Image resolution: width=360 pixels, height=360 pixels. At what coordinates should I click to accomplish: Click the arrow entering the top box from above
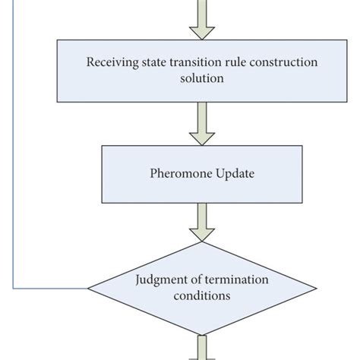[x=201, y=19]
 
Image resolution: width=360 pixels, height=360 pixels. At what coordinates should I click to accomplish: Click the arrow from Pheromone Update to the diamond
[x=201, y=221]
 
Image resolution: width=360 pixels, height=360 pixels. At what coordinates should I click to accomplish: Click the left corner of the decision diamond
[x=89, y=289]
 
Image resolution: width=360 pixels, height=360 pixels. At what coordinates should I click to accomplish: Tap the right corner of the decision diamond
[x=314, y=289]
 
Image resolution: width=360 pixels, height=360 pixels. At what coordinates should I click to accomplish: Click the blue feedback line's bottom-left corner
[x=14, y=289]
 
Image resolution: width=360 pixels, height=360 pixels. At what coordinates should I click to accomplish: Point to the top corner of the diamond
[x=201, y=242]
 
